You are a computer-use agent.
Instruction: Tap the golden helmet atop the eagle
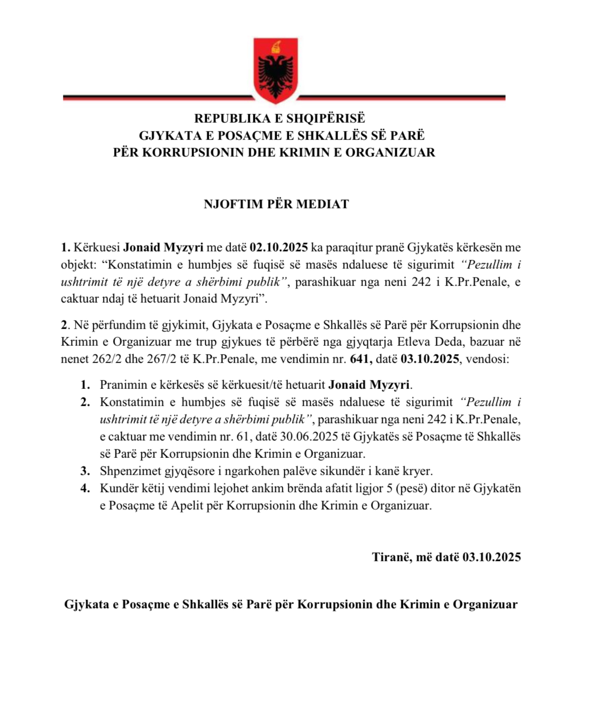click(276, 47)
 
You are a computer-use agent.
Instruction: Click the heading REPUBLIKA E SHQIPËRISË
click(280, 118)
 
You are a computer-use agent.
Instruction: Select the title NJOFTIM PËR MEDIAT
click(276, 204)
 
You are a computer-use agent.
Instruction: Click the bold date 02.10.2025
click(279, 247)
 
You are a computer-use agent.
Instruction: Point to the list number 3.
click(85, 471)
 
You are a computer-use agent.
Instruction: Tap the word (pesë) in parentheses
click(409, 488)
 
